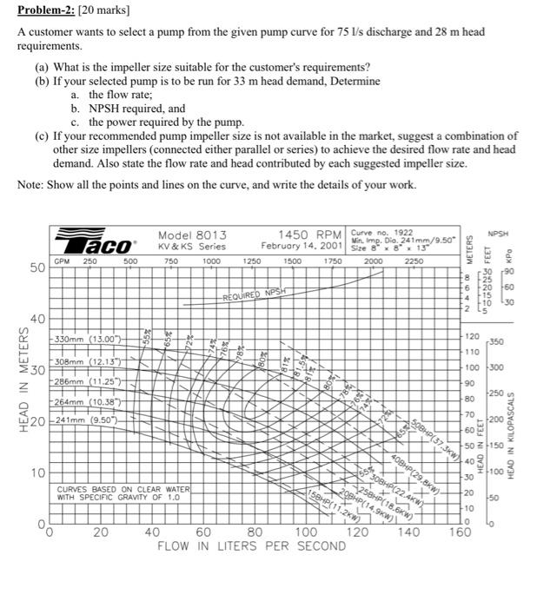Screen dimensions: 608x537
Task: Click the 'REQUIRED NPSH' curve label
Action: coord(255,294)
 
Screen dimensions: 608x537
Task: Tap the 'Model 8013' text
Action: coord(192,235)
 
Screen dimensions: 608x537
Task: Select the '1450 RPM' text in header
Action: coord(308,235)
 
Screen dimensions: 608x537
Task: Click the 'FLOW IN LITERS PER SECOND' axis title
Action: coord(251,546)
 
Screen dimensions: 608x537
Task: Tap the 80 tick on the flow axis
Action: coord(255,532)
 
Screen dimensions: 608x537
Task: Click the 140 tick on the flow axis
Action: coord(408,532)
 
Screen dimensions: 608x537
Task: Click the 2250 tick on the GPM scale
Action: coord(414,260)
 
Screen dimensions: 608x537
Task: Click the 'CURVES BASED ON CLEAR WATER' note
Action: coord(123,490)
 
